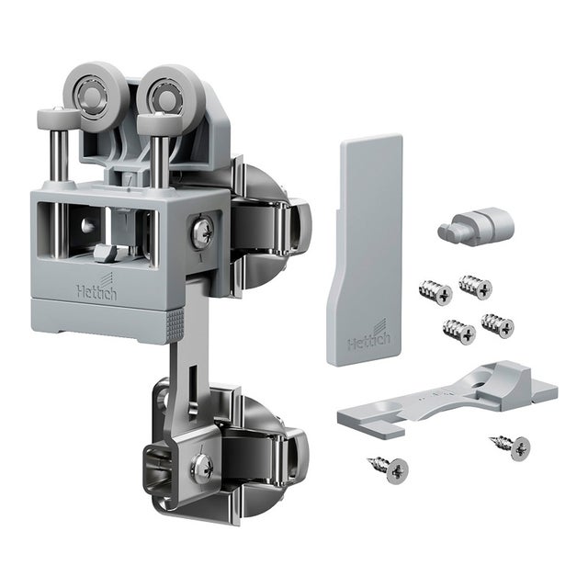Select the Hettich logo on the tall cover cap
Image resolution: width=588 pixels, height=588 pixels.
pos(369,335)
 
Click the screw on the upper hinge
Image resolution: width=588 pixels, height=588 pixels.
pos(203,232)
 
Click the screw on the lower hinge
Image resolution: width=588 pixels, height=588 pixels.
pos(202,468)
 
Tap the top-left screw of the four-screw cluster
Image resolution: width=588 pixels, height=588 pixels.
pos(435,292)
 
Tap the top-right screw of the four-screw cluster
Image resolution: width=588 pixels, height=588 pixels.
pos(476,287)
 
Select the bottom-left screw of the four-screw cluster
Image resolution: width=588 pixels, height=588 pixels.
pos(459,332)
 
